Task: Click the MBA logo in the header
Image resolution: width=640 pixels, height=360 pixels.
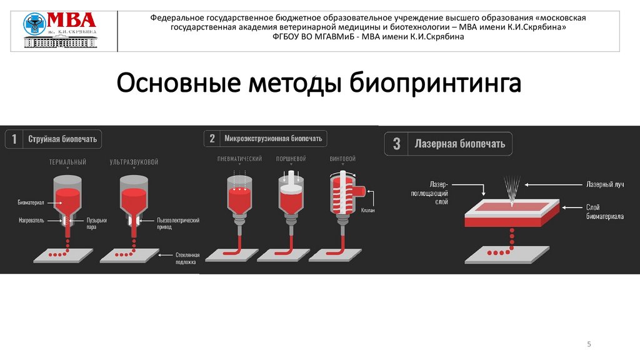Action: (x=60, y=30)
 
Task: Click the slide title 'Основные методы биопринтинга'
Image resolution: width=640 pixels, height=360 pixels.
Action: (x=319, y=83)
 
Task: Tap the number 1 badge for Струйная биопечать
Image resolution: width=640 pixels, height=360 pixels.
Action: (x=14, y=139)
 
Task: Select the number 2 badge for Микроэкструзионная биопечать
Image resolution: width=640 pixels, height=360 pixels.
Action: (x=212, y=139)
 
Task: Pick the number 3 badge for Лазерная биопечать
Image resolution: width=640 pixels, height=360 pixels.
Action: (x=396, y=144)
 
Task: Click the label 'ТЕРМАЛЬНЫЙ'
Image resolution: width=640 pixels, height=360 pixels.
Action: (x=67, y=162)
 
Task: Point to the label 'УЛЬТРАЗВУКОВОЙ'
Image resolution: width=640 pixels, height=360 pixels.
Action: (x=134, y=162)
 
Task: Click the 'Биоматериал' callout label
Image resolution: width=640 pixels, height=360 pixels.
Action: (x=31, y=203)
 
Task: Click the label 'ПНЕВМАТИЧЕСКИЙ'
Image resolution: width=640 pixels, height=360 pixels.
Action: (x=239, y=159)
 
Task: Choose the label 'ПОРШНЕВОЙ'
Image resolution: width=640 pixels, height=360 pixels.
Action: (x=290, y=159)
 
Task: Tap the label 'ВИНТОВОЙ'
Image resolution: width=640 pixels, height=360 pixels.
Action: (x=342, y=159)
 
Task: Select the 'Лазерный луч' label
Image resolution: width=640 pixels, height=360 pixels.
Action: (x=604, y=185)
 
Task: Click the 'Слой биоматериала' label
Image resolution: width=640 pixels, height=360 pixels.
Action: (x=604, y=212)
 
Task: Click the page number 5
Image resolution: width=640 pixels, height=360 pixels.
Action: (x=589, y=345)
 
